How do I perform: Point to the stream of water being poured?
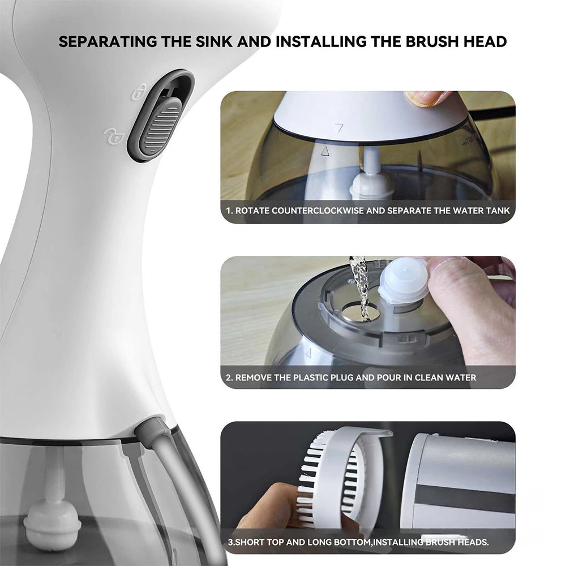click(x=360, y=283)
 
